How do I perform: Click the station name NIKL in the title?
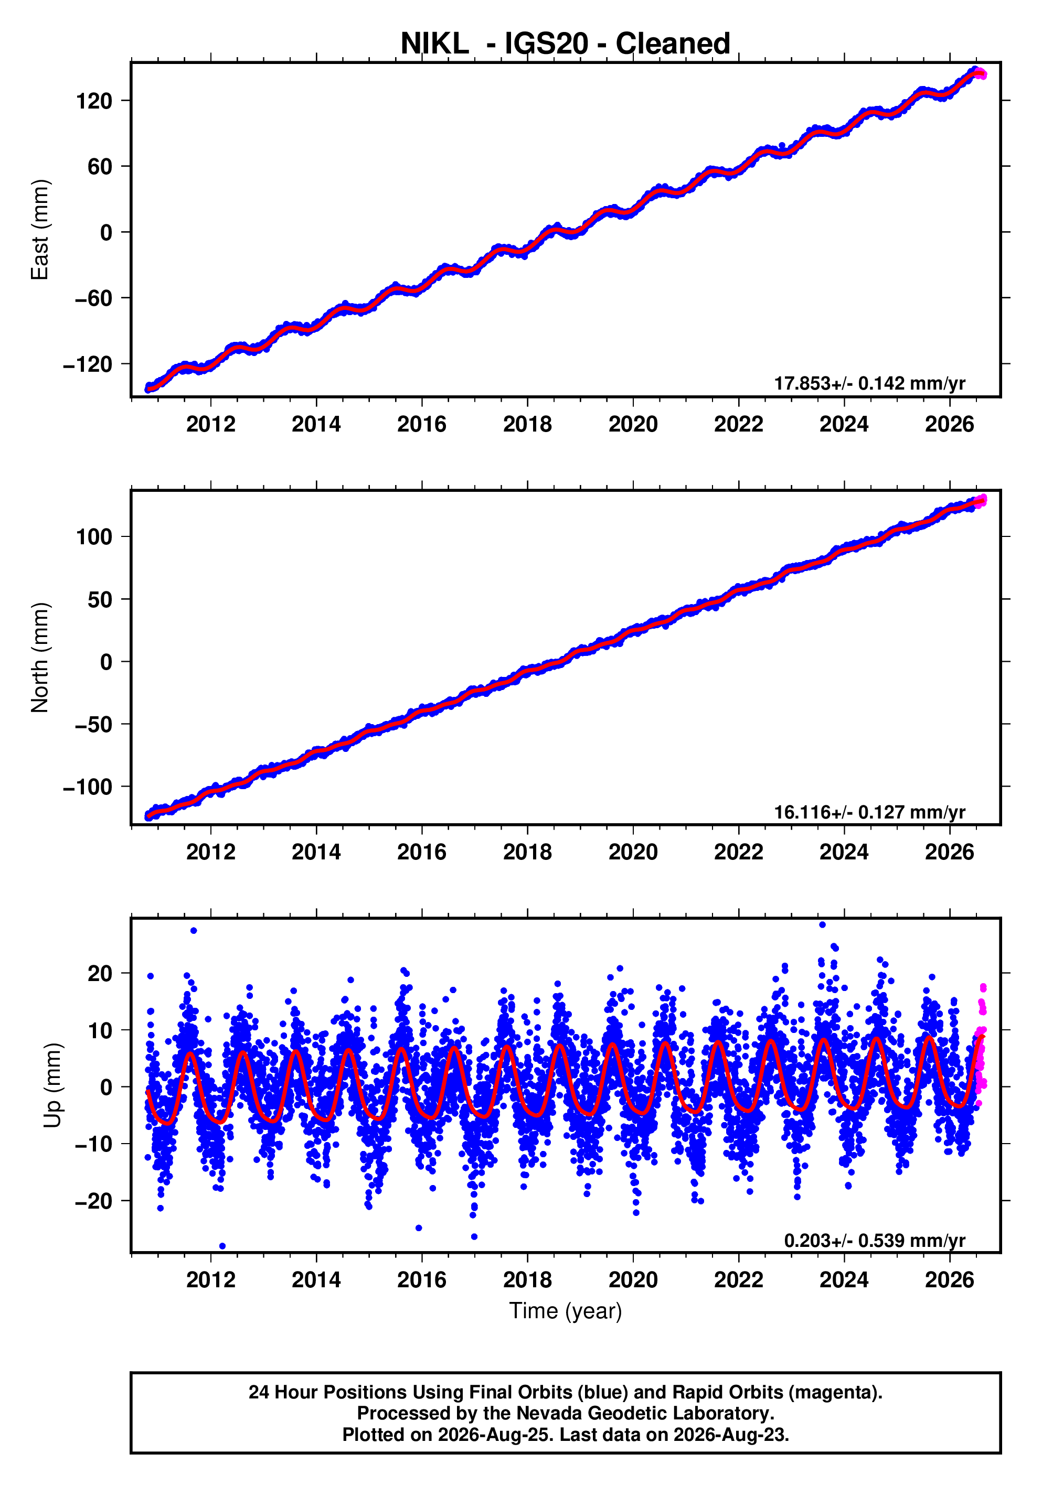tap(434, 44)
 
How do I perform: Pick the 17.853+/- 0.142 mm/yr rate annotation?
tap(870, 383)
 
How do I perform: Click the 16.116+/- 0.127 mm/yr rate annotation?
tap(870, 812)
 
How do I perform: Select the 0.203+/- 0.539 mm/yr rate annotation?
tap(875, 1240)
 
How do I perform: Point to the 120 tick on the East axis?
tap(94, 101)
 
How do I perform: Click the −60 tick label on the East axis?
tap(93, 298)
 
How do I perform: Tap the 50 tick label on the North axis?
tap(100, 599)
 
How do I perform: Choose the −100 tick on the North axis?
tap(88, 787)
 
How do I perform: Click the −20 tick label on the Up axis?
tap(93, 1201)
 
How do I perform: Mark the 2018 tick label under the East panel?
tap(527, 425)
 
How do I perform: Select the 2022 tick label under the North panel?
tap(738, 853)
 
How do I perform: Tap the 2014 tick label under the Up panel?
tap(316, 1280)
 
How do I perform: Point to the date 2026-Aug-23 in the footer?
tap(730, 1435)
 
